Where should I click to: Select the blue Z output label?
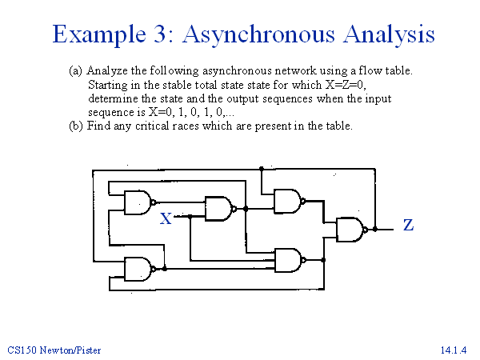408,226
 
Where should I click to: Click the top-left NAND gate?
138,202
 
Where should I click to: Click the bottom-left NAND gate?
138,270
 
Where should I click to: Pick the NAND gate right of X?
218,209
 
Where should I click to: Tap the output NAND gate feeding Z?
350,230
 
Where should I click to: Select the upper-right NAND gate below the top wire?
287,200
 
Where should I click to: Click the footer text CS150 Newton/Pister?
54,350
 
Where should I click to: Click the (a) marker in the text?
75,70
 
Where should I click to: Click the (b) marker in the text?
75,126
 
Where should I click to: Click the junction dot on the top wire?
262,170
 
